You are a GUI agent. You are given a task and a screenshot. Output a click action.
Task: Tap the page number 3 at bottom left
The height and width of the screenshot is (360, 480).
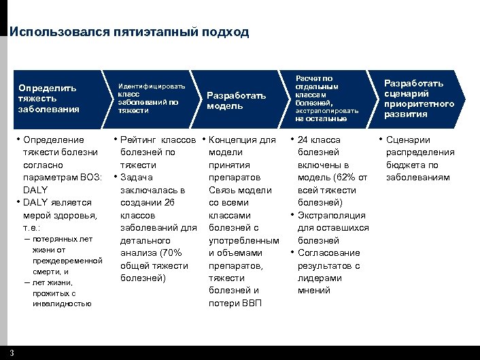click(x=12, y=353)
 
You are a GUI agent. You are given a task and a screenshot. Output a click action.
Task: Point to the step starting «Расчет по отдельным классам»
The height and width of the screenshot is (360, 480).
click(x=321, y=98)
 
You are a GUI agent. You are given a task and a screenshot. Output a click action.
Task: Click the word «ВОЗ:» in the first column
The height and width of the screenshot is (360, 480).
click(x=91, y=178)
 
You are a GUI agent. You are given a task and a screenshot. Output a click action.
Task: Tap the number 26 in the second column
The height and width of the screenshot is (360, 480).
click(x=170, y=203)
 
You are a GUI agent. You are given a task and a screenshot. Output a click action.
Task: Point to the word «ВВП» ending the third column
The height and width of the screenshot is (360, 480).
click(x=251, y=304)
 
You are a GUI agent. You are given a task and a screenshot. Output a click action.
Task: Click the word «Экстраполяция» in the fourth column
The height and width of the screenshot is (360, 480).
click(x=331, y=216)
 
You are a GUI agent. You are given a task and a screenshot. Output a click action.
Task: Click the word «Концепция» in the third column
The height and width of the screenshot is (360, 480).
click(x=234, y=140)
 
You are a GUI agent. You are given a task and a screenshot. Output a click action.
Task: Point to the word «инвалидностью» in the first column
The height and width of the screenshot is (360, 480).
click(x=62, y=304)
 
